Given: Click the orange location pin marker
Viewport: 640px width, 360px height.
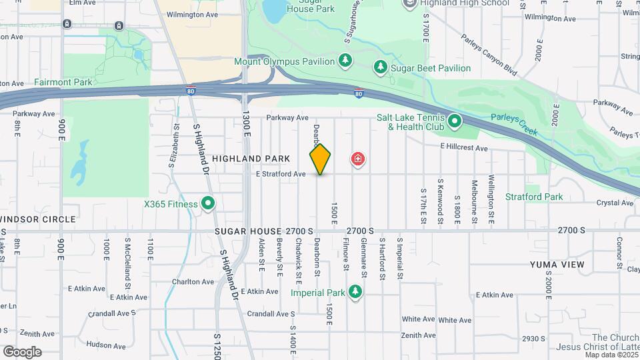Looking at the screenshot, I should pyautogui.click(x=320, y=159).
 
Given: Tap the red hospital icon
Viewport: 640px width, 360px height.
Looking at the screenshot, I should pyautogui.click(x=358, y=159).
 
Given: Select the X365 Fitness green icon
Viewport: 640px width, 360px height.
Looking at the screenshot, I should pyautogui.click(x=208, y=203).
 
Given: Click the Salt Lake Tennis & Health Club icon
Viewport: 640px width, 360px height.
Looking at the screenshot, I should pyautogui.click(x=455, y=121).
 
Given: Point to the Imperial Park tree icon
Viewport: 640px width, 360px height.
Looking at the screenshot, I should pyautogui.click(x=355, y=292).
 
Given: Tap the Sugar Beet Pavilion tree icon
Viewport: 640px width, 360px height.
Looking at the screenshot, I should pyautogui.click(x=381, y=67).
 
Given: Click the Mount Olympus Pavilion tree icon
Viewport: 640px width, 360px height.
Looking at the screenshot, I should pyautogui.click(x=345, y=61).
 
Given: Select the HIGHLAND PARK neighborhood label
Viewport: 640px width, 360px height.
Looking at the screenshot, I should pyautogui.click(x=251, y=159).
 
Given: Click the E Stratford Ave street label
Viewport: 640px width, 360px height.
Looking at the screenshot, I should pyautogui.click(x=281, y=174).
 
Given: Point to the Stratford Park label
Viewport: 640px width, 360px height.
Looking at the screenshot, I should pyautogui.click(x=534, y=197).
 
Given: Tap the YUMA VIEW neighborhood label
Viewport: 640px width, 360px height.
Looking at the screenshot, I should pyautogui.click(x=557, y=265).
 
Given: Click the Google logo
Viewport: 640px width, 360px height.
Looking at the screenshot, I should pyautogui.click(x=22, y=351).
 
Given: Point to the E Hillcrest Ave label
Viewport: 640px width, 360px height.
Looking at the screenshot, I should pyautogui.click(x=464, y=148).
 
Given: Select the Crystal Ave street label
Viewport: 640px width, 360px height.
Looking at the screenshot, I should pyautogui.click(x=615, y=203).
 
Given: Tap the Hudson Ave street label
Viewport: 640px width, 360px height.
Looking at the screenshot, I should pyautogui.click(x=107, y=345).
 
